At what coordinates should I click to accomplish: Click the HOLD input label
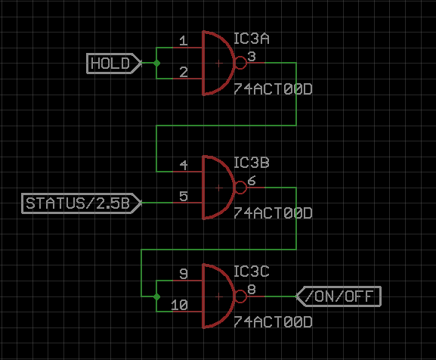coord(114,64)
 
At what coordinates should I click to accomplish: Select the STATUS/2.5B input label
coord(82,203)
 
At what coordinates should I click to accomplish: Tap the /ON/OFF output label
coord(339,296)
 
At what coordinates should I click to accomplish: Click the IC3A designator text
coord(252,39)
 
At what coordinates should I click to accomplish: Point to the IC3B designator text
coord(252,163)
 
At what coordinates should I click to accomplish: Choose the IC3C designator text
coord(252,272)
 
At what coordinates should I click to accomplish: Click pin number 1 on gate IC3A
coord(184,41)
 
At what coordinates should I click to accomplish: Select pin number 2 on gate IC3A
coord(184,72)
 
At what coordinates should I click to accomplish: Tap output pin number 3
coord(252,57)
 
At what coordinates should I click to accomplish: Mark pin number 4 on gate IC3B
coord(184,166)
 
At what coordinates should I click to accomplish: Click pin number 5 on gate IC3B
coord(184,196)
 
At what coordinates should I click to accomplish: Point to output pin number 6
coord(252,181)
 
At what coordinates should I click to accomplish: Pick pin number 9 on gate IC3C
coord(184,274)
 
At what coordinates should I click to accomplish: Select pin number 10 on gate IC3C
coord(179,305)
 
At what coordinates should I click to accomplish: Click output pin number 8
coord(252,290)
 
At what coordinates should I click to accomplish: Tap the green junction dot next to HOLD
coord(156,64)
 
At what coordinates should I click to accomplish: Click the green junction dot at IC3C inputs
coord(156,296)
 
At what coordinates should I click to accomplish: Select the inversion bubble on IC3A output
coord(241,63)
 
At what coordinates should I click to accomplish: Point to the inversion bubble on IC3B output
coord(241,188)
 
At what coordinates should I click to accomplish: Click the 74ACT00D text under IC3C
coord(273,322)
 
